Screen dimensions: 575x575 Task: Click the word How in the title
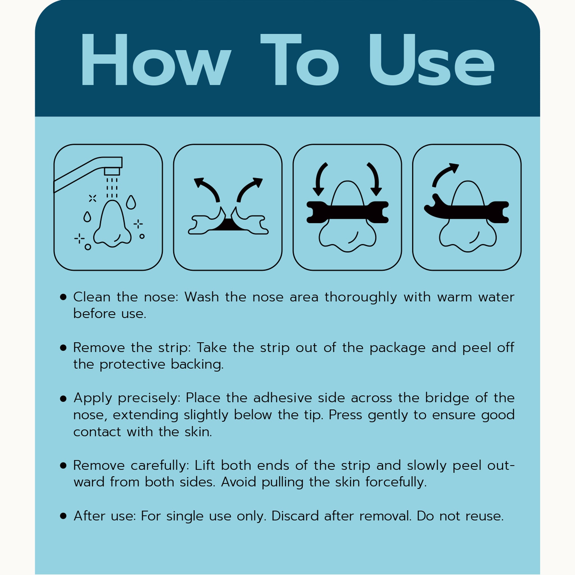pos(156,60)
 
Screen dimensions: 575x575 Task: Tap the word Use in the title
pos(432,60)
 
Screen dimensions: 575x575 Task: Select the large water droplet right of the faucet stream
pos(131,202)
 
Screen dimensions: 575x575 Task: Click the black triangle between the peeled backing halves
pos(228,225)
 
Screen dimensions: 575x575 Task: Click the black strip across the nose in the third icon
pos(347,212)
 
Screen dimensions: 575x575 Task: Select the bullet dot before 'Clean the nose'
pos(63,297)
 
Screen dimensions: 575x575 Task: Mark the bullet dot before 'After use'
pos(63,516)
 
